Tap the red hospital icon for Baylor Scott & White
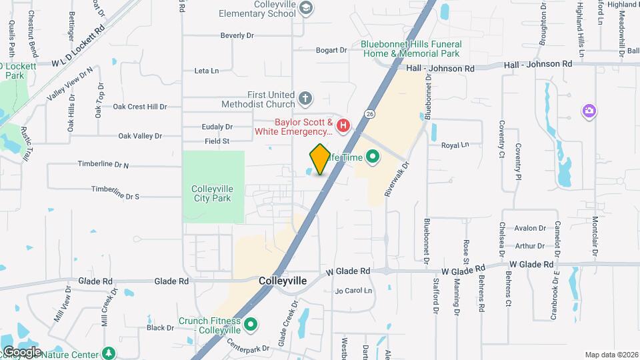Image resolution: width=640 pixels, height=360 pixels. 343,125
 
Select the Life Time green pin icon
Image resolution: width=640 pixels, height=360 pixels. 372,157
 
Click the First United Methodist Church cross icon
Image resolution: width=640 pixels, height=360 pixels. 305,99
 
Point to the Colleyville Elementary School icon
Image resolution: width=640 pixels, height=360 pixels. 306,8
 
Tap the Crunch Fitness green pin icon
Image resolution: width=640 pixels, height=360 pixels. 251,325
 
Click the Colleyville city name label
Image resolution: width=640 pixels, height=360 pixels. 283,281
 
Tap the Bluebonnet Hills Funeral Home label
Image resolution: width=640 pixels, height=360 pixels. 411,49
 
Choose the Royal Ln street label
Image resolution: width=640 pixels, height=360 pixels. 455,144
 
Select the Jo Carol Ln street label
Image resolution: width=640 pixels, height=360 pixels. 353,291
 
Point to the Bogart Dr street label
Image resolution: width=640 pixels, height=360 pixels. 331,50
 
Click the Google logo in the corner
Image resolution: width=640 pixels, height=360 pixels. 22,351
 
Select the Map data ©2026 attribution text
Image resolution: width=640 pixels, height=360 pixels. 611,355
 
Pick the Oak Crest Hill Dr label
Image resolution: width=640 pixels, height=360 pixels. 139,107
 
